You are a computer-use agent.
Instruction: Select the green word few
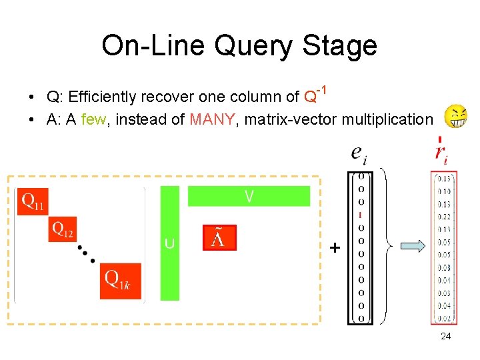coord(93,120)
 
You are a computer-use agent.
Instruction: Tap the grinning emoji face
coord(456,117)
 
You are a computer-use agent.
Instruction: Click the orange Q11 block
coord(33,201)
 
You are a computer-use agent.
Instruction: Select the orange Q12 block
coord(63,230)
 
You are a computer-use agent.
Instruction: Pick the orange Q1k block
coord(121,281)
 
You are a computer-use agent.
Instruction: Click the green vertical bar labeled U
coord(170,243)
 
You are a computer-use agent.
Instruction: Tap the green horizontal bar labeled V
coord(249,196)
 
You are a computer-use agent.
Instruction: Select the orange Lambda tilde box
coord(219,238)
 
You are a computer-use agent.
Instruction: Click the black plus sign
coord(335,248)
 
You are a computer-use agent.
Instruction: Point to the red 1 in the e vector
coord(361,215)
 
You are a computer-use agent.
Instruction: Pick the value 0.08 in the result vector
coord(444,267)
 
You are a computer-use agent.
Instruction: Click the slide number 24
coord(446,336)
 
